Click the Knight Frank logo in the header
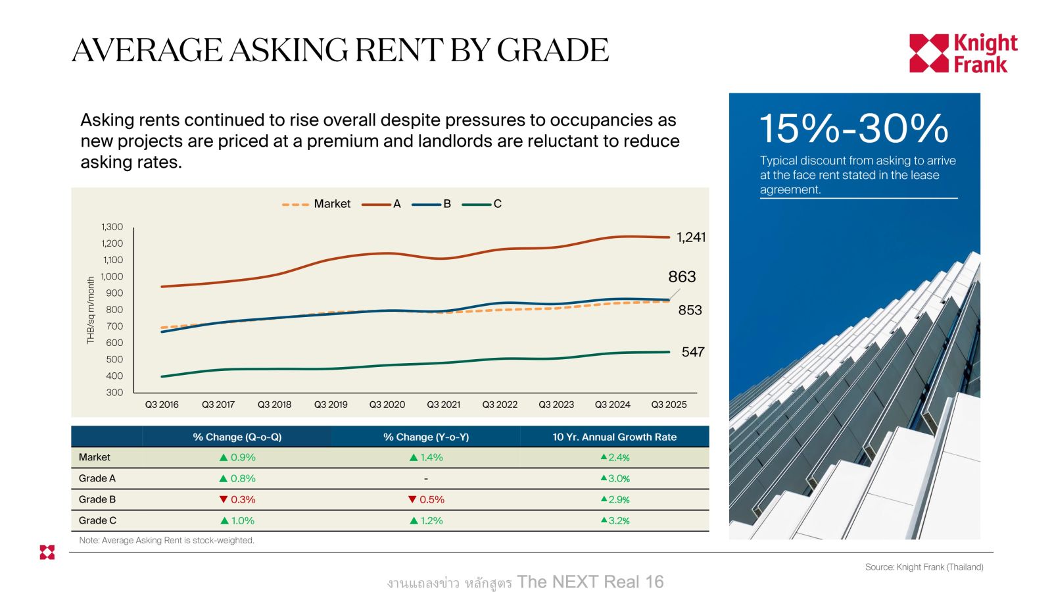click(x=963, y=53)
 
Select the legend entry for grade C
click(x=483, y=204)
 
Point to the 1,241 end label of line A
click(x=691, y=237)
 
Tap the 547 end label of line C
click(x=693, y=352)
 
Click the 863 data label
click(x=682, y=277)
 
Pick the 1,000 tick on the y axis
click(x=112, y=276)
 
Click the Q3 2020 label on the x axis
click(x=387, y=405)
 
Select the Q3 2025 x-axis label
click(x=669, y=405)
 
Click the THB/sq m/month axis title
click(x=91, y=310)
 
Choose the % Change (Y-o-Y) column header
click(x=426, y=437)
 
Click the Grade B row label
click(x=97, y=499)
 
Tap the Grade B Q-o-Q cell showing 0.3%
click(x=237, y=499)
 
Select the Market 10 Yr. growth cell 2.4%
click(x=615, y=457)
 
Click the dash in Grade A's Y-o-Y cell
click(x=426, y=478)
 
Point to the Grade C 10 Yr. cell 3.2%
click(x=615, y=520)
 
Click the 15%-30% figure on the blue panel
click(x=853, y=128)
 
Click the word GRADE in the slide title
click(x=552, y=51)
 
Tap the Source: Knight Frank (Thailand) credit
click(x=924, y=567)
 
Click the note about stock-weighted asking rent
click(x=166, y=540)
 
